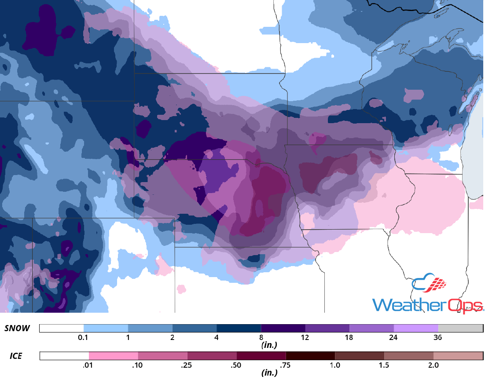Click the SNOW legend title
click(17, 328)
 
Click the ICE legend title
click(15, 355)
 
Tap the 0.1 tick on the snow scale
click(84, 337)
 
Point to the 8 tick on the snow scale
click(261, 337)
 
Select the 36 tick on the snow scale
click(437, 337)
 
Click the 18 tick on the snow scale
click(349, 337)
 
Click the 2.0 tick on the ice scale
click(434, 365)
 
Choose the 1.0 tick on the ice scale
click(335, 365)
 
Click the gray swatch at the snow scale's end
click(460, 328)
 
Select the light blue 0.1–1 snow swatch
click(106, 328)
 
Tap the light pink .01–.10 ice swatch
click(114, 355)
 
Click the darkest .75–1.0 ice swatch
click(310, 355)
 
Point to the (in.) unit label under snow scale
click(268, 345)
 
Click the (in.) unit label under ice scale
click(268, 373)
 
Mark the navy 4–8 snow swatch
click(239, 328)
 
